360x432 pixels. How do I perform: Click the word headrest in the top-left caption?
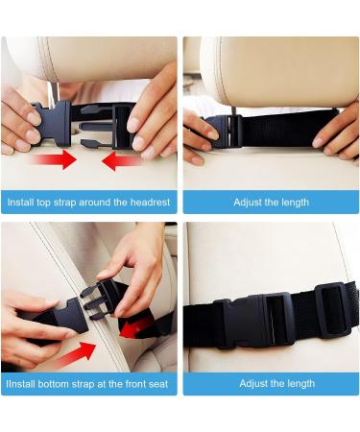click(x=150, y=203)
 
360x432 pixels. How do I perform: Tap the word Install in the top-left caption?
click(x=20, y=203)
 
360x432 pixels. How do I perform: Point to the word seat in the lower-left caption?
click(x=157, y=384)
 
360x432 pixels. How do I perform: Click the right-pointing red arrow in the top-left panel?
click(x=54, y=159)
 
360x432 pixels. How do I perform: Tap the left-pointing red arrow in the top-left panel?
click(x=123, y=161)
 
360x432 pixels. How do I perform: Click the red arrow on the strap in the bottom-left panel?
click(x=133, y=328)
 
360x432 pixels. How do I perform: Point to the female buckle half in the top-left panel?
click(x=52, y=124)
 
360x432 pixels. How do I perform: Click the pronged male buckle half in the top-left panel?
click(x=107, y=126)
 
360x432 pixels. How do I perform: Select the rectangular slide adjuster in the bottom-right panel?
click(x=333, y=310)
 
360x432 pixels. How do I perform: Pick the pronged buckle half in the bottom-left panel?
click(x=99, y=300)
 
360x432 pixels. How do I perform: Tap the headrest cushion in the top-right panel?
click(x=279, y=72)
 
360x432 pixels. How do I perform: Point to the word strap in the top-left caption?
click(x=64, y=203)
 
